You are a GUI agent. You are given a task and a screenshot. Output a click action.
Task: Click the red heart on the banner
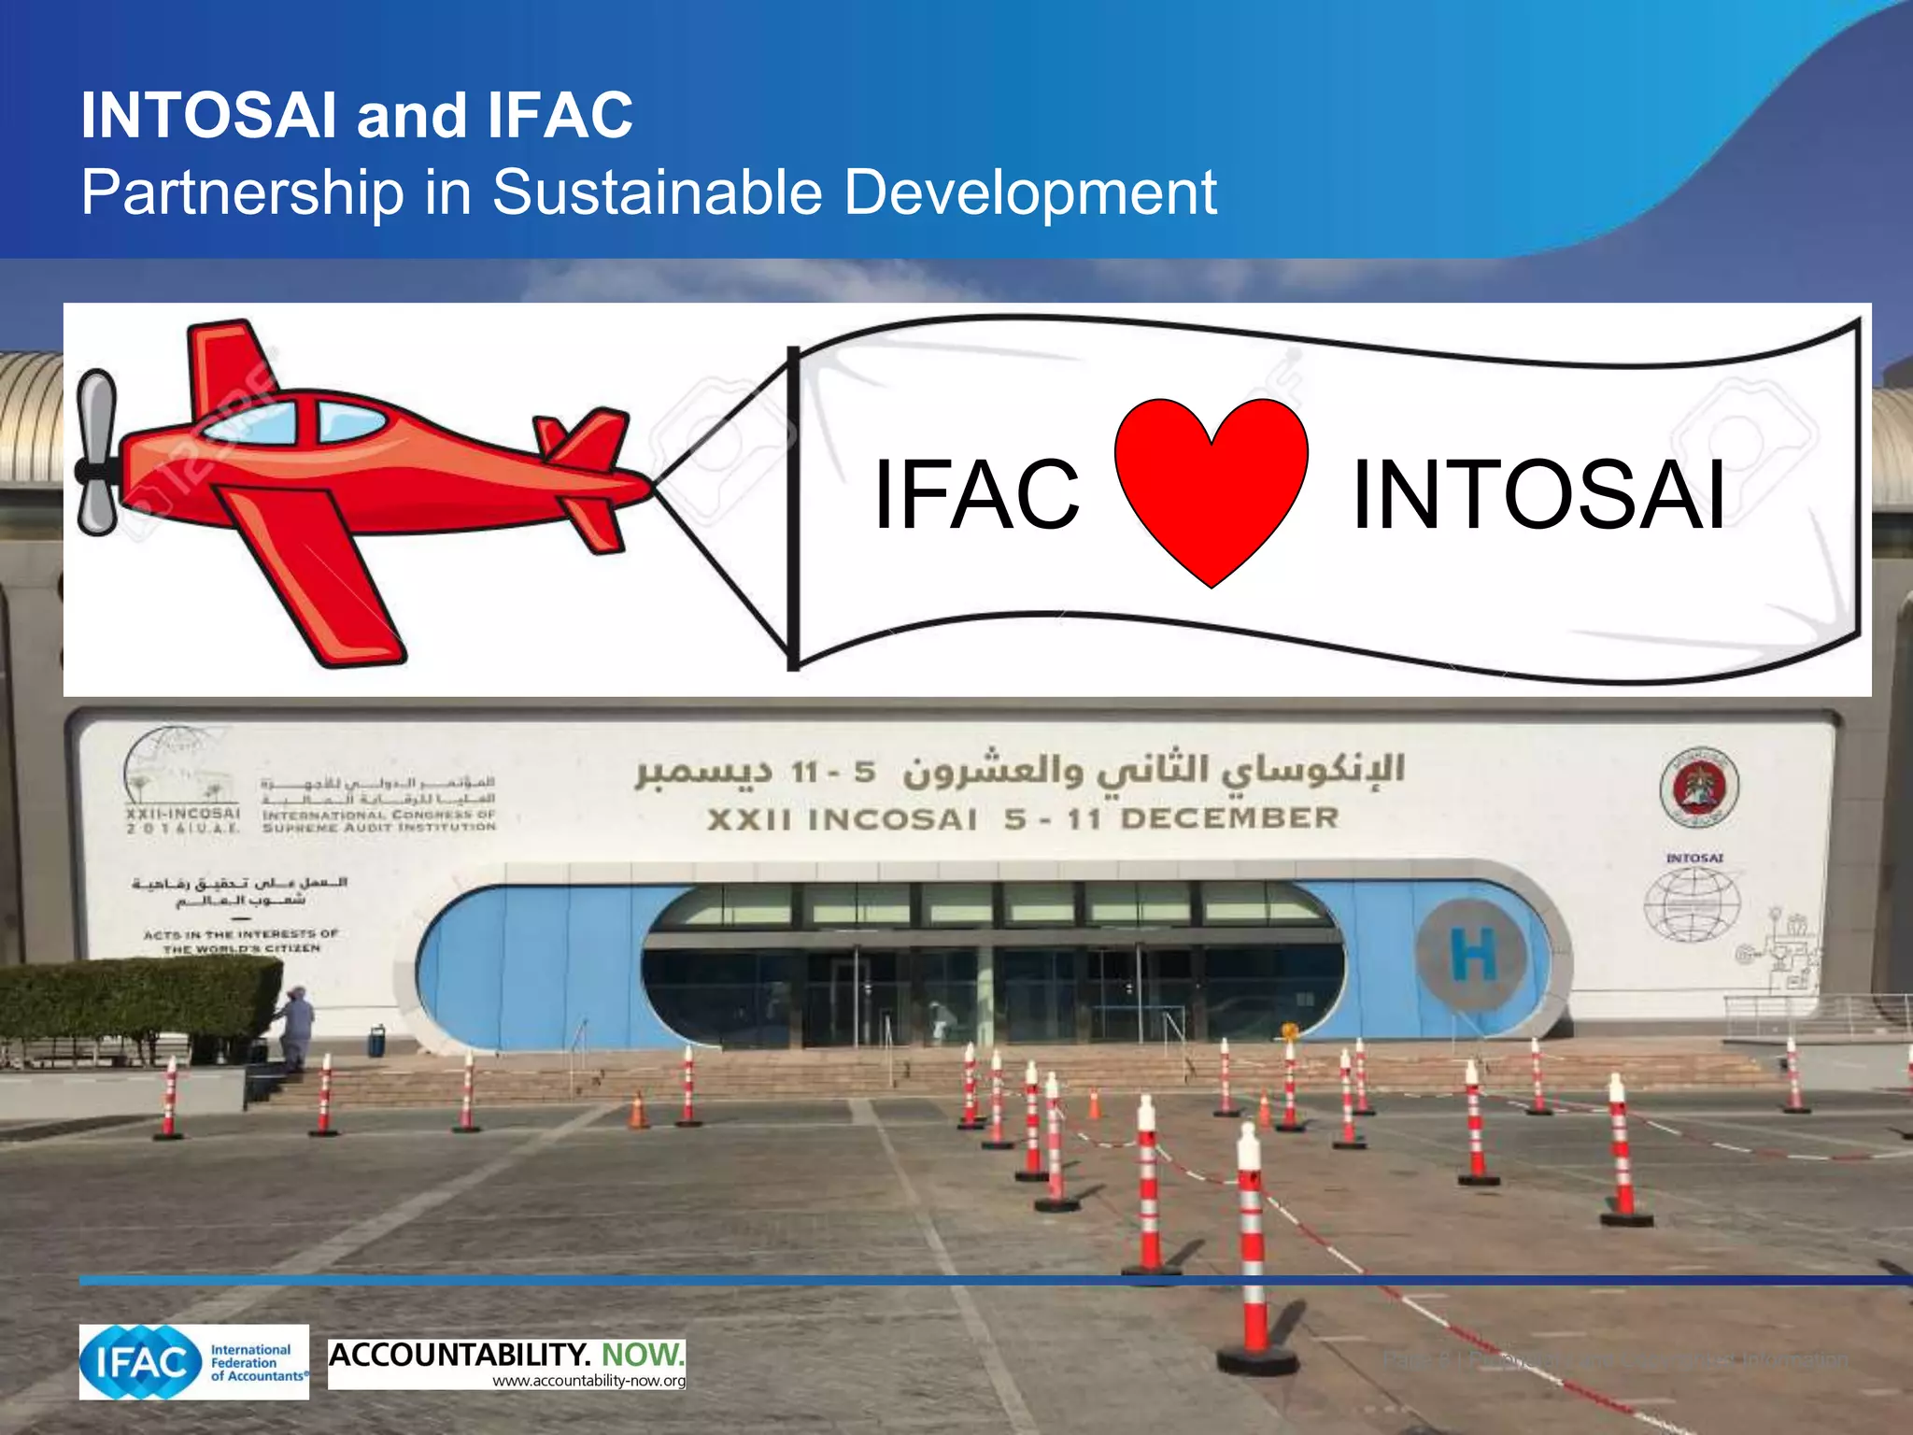point(1211,486)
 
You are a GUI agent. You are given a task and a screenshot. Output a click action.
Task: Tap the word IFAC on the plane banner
point(976,495)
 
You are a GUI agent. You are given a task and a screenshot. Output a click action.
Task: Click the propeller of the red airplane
point(96,453)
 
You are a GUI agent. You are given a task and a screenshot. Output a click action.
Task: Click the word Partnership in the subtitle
point(243,192)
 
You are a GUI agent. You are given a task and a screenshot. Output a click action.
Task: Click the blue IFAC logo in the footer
point(140,1362)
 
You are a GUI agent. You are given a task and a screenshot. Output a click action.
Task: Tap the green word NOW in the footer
point(643,1354)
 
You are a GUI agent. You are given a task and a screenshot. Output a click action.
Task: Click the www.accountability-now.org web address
point(588,1381)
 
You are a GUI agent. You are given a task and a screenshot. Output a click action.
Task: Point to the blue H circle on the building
point(1472,954)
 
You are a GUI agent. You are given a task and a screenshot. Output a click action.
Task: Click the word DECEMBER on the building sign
point(1229,818)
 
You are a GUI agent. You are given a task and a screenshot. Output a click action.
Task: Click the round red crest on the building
point(1699,787)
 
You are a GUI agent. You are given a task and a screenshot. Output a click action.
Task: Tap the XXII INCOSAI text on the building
point(842,820)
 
